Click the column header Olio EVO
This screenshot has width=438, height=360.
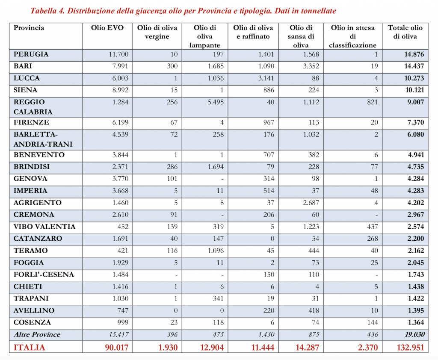pos(107,28)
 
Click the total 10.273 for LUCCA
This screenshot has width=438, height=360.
pos(411,78)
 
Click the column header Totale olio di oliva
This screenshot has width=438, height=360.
pos(405,32)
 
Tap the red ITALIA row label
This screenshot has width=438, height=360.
pos(30,348)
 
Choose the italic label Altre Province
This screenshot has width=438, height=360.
pos(37,334)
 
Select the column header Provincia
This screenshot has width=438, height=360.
pos(29,28)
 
